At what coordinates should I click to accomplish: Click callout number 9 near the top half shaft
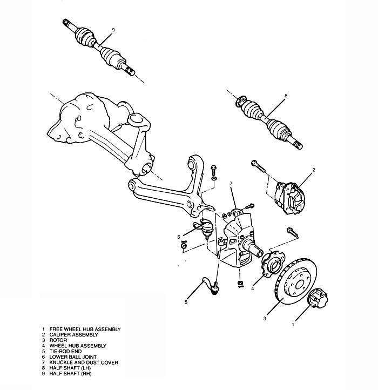coord(113,29)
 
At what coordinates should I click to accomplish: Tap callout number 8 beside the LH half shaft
coord(286,96)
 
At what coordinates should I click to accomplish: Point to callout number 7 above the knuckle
coord(231,184)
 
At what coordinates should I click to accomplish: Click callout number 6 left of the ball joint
coord(178,236)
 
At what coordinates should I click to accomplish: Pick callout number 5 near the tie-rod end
coord(186,302)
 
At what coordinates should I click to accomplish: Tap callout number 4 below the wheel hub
coord(252,288)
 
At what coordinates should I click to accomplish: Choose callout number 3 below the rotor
coord(265,319)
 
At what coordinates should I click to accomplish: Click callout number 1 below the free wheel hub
coord(293,325)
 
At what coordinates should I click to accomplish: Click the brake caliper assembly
coord(291,197)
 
